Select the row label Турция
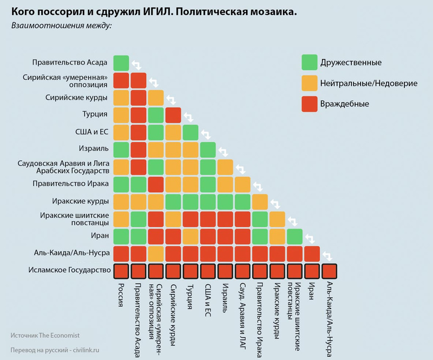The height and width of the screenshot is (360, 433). click(x=96, y=115)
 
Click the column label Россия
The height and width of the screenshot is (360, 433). click(x=121, y=295)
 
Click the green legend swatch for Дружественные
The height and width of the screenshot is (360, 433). click(x=310, y=63)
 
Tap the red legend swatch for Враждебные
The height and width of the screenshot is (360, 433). click(x=310, y=103)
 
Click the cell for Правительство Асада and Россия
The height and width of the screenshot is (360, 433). click(x=121, y=63)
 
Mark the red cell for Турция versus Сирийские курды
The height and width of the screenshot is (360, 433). click(x=173, y=115)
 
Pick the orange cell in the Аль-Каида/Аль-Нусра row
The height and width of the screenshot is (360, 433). click(x=156, y=253)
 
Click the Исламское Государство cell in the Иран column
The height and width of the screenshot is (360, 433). click(x=312, y=271)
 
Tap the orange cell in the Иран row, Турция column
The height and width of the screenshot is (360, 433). click(x=191, y=235)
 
